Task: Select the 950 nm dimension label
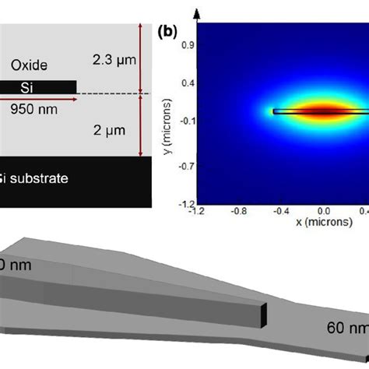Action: pos(30,111)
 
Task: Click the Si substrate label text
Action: pos(46,178)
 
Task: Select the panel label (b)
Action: pos(169,33)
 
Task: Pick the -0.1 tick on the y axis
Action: pos(187,120)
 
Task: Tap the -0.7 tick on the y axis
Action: pos(187,164)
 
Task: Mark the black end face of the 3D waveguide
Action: pos(264,315)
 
